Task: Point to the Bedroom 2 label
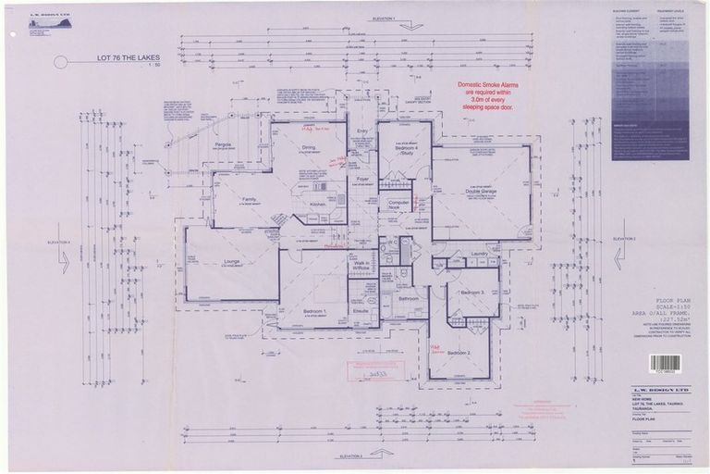(x=459, y=354)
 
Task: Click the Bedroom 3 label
(x=472, y=292)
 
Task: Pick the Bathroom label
(x=409, y=299)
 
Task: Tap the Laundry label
(x=479, y=253)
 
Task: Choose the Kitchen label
(x=319, y=204)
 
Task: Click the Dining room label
(x=308, y=147)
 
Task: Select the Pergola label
(x=223, y=145)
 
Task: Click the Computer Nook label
(x=398, y=204)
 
